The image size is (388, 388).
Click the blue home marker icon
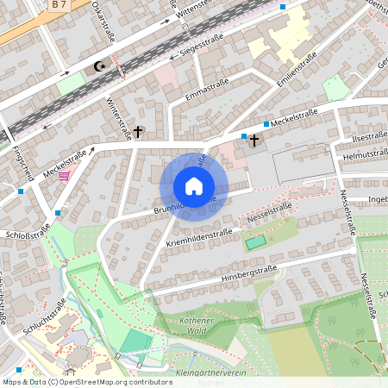[x=194, y=186]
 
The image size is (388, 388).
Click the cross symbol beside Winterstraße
[x=137, y=132]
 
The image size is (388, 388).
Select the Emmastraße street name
[x=203, y=90]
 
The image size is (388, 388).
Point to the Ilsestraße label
[x=369, y=136]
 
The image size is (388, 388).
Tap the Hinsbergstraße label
[x=248, y=274]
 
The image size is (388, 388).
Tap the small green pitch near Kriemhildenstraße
[x=254, y=243]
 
